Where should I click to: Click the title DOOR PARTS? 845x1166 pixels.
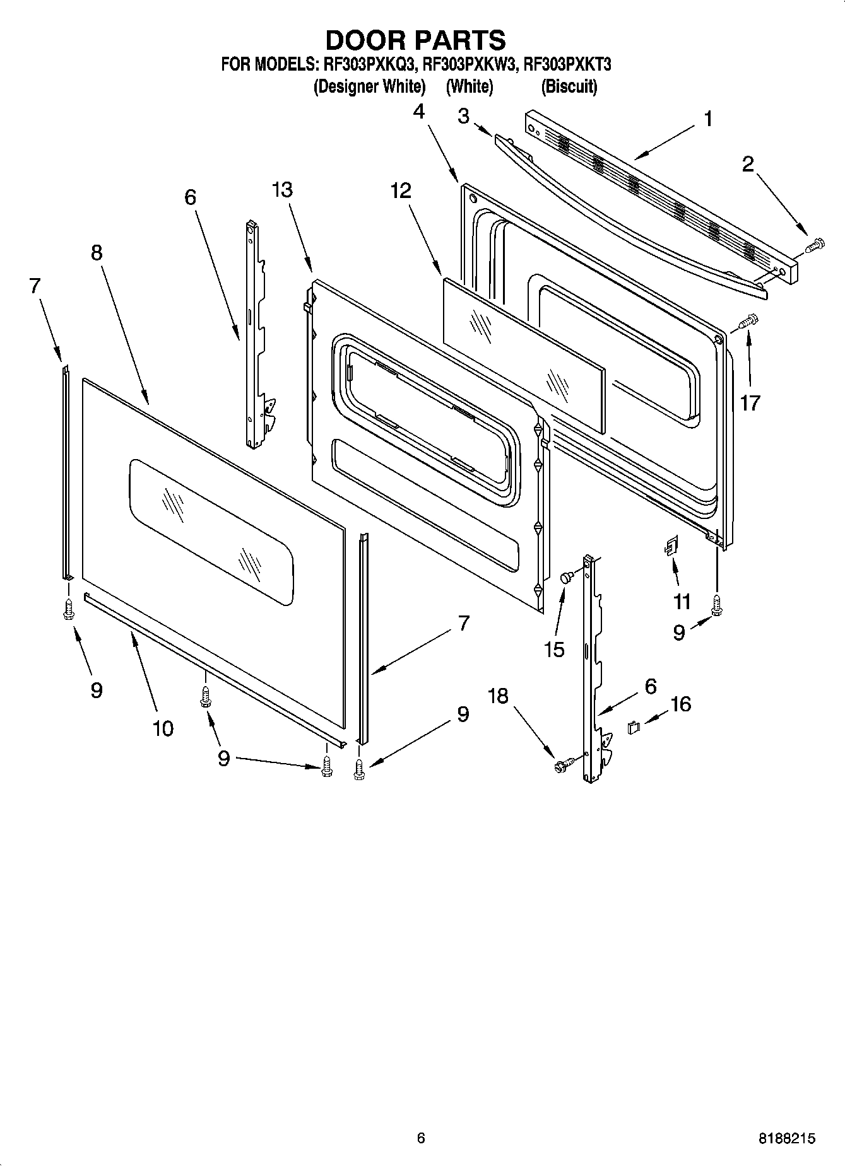[x=415, y=40]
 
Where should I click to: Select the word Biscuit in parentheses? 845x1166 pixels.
[x=569, y=86]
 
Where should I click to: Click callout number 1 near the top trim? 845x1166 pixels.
[x=708, y=119]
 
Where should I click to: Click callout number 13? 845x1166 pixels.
[x=283, y=190]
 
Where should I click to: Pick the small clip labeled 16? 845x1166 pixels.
[x=634, y=727]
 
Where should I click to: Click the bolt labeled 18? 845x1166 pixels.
[x=562, y=764]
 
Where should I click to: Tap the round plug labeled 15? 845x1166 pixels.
[x=567, y=577]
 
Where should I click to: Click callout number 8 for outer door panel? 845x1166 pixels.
[x=96, y=253]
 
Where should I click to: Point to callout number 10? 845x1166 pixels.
[x=162, y=728]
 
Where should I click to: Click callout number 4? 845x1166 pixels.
[x=419, y=112]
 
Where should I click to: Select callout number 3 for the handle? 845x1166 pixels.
[x=464, y=117]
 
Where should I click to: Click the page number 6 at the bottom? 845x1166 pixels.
[x=421, y=1138]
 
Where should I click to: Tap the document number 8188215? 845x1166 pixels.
[x=787, y=1138]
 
